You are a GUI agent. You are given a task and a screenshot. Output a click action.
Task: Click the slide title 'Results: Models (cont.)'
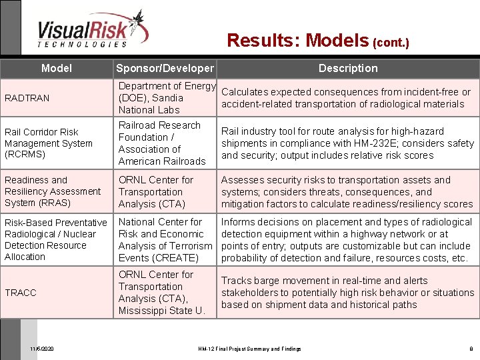[317, 41]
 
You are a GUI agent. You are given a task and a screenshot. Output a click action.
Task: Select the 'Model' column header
[57, 68]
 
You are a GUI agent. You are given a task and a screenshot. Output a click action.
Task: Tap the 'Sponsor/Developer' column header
[165, 68]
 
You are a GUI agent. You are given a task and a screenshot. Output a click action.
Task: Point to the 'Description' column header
[347, 68]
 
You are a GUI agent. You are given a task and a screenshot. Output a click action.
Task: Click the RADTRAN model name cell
[27, 98]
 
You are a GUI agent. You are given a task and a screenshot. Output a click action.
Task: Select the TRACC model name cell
[21, 293]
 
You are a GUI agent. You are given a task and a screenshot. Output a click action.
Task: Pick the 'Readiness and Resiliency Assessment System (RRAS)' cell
[53, 191]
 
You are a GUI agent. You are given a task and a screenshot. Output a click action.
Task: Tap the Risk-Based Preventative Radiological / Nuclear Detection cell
[55, 239]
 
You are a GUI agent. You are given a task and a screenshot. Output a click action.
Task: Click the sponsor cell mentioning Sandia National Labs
[166, 98]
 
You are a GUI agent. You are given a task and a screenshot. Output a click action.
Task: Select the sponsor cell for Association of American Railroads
[162, 143]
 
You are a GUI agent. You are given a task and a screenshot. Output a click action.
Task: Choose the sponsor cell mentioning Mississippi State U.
[161, 293]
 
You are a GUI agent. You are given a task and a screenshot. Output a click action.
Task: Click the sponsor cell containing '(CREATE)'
[165, 240]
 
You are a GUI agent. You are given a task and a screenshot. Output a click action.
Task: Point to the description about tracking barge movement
[347, 293]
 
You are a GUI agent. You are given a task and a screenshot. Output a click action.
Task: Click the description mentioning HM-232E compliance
[347, 143]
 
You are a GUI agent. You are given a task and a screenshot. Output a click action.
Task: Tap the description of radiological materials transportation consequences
[345, 98]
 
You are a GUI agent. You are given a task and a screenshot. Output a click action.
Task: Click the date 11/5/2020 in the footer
[43, 349]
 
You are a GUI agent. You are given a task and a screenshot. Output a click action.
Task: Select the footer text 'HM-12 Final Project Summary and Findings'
[250, 349]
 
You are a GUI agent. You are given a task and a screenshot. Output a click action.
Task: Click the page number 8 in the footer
[471, 349]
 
